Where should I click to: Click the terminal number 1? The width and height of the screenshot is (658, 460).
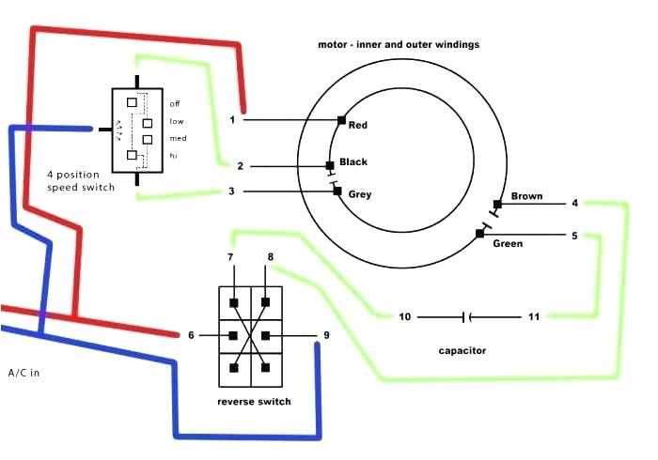pyautogui.click(x=232, y=119)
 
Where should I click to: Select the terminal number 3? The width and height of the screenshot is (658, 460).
pyautogui.click(x=232, y=192)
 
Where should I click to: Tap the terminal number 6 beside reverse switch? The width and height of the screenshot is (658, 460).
pyautogui.click(x=192, y=335)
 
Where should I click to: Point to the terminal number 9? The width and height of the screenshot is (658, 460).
pyautogui.click(x=326, y=335)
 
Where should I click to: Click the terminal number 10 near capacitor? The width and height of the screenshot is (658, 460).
pyautogui.click(x=405, y=316)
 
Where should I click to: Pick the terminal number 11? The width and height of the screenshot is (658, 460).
pyautogui.click(x=534, y=316)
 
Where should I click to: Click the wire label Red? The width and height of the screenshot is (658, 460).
pyautogui.click(x=357, y=125)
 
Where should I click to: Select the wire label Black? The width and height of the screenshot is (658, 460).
pyautogui.click(x=353, y=161)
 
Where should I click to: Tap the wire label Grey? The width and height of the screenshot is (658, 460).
pyautogui.click(x=360, y=194)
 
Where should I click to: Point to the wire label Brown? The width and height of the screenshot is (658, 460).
pyautogui.click(x=527, y=196)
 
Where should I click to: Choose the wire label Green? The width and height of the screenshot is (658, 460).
pyautogui.click(x=508, y=244)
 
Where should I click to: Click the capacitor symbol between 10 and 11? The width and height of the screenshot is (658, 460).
pyautogui.click(x=468, y=316)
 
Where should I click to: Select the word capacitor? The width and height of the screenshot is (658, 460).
pyautogui.click(x=462, y=351)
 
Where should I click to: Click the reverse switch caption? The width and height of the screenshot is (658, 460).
pyautogui.click(x=253, y=401)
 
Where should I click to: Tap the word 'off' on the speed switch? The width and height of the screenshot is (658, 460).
pyautogui.click(x=175, y=103)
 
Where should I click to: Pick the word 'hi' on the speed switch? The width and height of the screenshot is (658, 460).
pyautogui.click(x=173, y=155)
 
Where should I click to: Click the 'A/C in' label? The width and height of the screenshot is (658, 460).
pyautogui.click(x=24, y=373)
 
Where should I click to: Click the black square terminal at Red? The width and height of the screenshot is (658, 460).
pyautogui.click(x=342, y=120)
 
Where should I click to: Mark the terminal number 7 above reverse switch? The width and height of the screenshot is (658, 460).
pyautogui.click(x=230, y=256)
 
